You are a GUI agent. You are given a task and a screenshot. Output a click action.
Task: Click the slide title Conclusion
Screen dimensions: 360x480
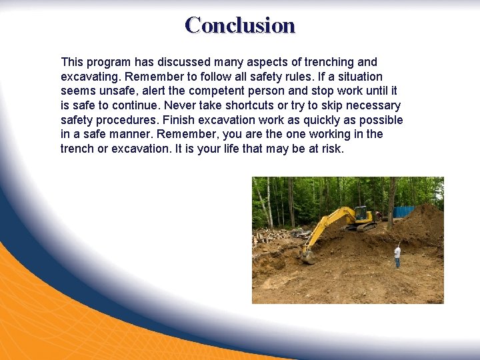240,25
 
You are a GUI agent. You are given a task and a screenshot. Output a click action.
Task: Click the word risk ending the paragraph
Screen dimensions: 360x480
331,149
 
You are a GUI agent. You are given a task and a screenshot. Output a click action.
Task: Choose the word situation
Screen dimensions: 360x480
359,77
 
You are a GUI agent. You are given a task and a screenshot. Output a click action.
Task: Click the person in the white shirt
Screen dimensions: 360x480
397,255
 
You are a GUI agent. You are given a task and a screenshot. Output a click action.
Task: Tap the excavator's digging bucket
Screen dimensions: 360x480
307,255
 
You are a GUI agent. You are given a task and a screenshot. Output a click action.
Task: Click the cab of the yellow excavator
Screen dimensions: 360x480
363,215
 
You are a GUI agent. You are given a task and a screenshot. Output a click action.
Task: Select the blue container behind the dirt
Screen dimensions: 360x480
403,211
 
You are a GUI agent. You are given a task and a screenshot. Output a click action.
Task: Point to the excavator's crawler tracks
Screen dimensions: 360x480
364,227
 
